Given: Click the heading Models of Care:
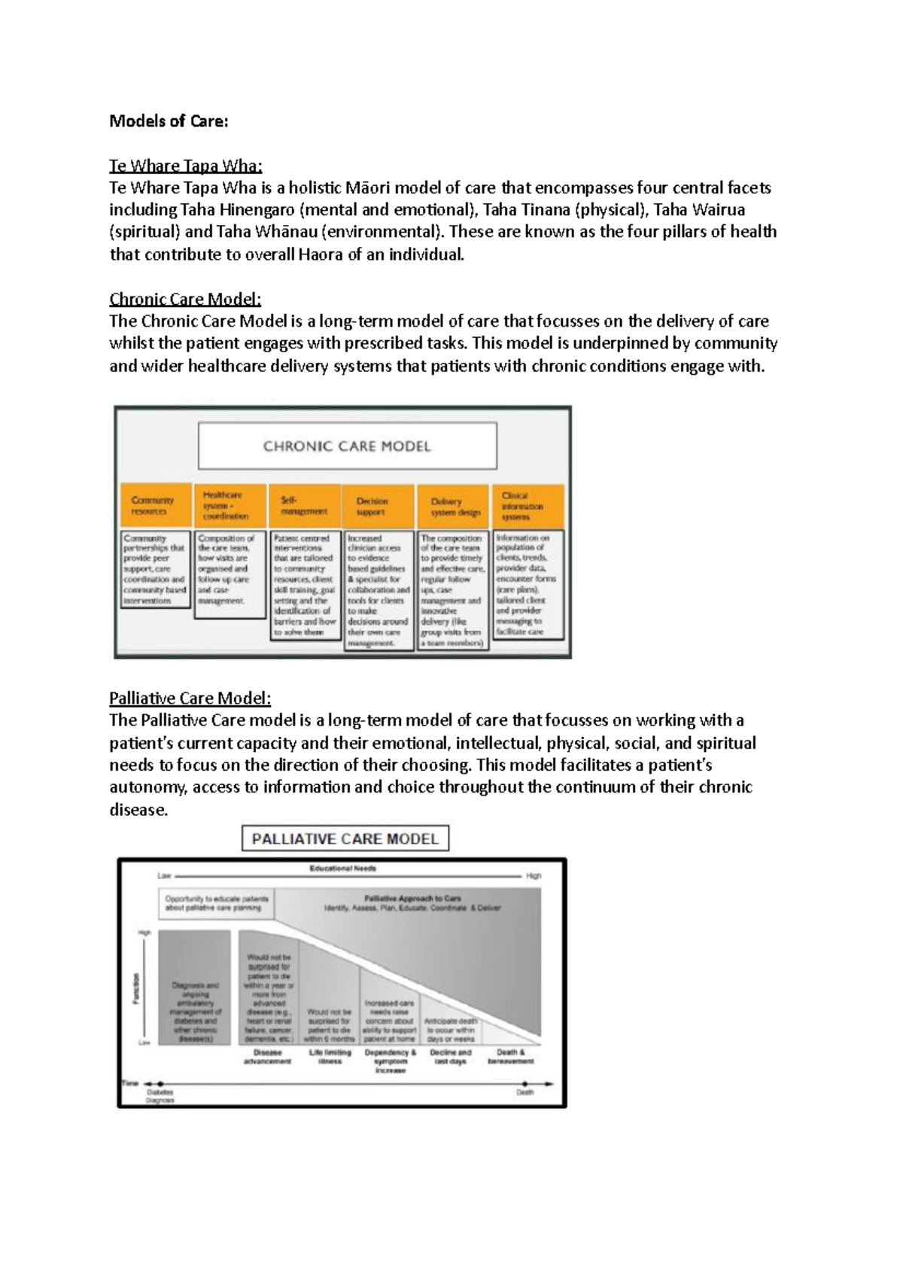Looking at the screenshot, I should click(x=169, y=121).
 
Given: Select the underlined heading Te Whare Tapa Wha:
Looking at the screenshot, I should click(x=185, y=166).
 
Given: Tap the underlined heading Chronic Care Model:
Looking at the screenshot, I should click(x=185, y=299).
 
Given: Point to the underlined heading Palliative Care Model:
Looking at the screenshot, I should click(x=190, y=698).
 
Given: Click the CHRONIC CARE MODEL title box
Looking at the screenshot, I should click(x=347, y=446).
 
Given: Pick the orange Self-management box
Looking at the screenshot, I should click(x=303, y=506).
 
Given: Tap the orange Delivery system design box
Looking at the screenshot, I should click(x=453, y=507).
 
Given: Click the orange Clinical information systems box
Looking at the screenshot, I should click(x=527, y=506).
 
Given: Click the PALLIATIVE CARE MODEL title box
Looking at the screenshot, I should click(x=345, y=839).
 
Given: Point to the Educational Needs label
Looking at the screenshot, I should click(x=343, y=868).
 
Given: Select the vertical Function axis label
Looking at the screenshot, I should click(x=136, y=988).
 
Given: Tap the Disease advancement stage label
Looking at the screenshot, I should click(x=267, y=1057).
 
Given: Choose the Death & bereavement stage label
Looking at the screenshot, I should click(x=511, y=1057).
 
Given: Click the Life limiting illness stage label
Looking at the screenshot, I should click(x=330, y=1057).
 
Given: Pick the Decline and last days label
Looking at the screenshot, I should click(x=450, y=1057).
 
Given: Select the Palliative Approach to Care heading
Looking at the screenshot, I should click(x=412, y=899).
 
